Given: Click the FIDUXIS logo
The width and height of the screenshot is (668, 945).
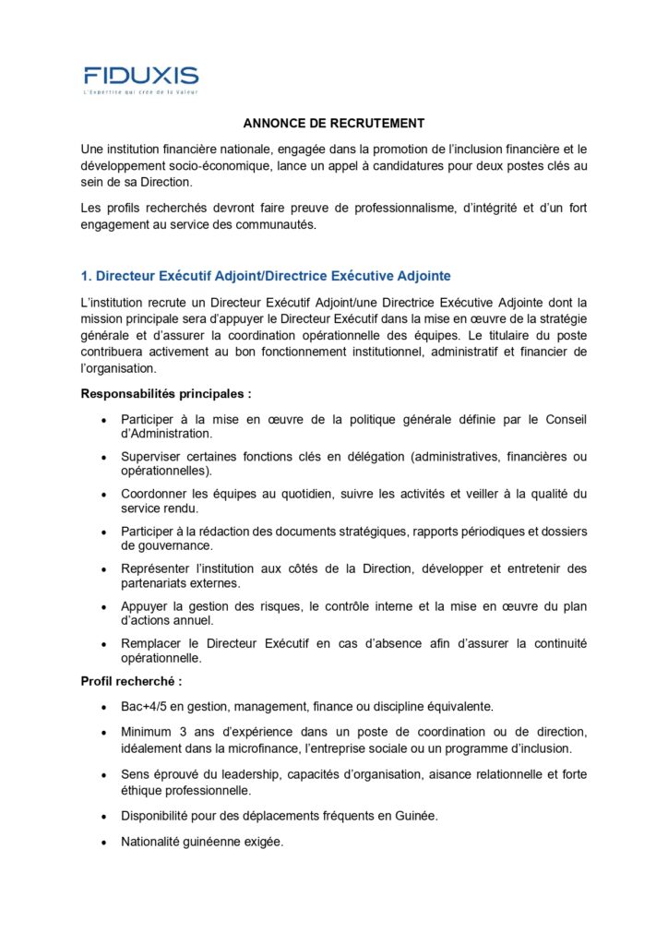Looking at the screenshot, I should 141,75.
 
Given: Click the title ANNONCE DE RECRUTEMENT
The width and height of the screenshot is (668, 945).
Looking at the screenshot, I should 334,123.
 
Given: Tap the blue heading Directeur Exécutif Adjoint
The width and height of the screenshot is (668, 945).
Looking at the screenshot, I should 266,276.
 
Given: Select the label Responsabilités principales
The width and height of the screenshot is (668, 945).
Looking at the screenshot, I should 166,393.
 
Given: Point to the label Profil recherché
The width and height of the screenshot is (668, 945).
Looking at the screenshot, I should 131,681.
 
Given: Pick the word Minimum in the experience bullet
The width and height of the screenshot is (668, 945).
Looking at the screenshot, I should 149,732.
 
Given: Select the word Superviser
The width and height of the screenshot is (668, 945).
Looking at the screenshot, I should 152,457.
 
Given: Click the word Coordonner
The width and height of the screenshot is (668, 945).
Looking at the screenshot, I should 156,494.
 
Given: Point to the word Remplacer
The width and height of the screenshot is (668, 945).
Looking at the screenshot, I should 154,643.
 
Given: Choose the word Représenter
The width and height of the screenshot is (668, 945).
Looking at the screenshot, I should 158,568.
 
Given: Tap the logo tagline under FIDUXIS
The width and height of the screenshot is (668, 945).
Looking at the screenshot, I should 141,92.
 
